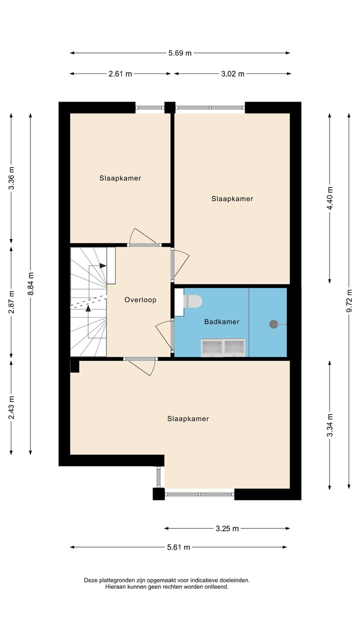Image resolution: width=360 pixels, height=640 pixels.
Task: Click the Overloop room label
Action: coord(140,300)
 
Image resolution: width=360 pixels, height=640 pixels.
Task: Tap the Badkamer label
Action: coord(221,322)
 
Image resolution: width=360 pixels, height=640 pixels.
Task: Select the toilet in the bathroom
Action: coord(192,301)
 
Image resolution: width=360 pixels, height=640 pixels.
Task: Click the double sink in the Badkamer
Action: coord(223,347)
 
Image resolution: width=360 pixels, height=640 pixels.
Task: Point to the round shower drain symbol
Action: coord(273,324)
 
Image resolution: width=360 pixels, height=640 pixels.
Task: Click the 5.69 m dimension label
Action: coord(180,53)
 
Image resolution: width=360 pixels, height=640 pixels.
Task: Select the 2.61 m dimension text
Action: coord(120,74)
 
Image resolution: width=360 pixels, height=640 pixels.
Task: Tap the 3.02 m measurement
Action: coord(232,74)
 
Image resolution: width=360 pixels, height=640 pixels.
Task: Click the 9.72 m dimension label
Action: coord(349,301)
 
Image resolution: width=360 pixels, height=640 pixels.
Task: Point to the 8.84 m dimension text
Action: coord(31,284)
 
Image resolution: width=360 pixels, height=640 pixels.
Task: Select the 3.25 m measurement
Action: coord(227,528)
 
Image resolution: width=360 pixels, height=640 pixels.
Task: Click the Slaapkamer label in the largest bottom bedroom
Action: coord(188,419)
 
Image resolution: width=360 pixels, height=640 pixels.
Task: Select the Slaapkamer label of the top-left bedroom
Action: coord(120,178)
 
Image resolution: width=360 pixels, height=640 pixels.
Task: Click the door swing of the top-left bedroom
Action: coord(143,236)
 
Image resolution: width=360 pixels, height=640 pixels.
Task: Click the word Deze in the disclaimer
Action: coord(92,580)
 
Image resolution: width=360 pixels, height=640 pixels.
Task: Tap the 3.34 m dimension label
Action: coord(329,425)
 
